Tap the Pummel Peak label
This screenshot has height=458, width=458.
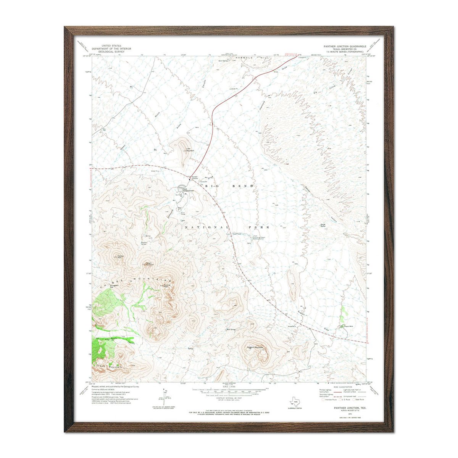click(x=166, y=286)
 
